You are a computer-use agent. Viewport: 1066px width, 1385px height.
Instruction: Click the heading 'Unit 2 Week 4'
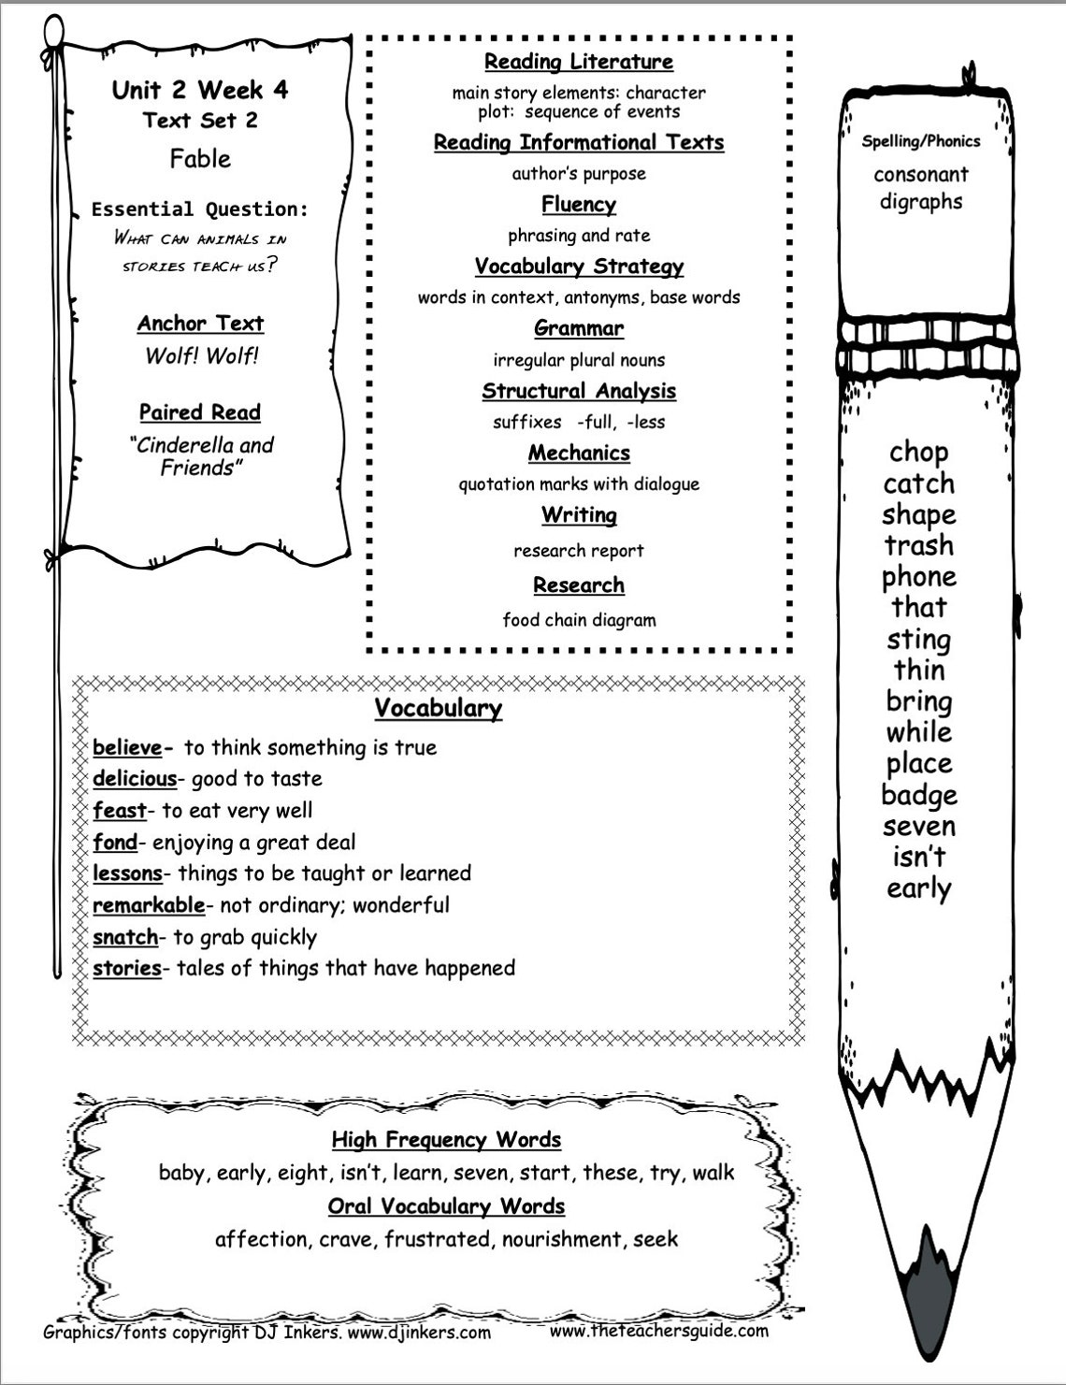(x=200, y=90)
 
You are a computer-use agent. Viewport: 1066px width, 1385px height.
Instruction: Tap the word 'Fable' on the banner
(x=200, y=159)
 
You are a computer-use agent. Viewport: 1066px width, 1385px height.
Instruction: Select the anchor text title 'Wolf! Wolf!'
(x=201, y=355)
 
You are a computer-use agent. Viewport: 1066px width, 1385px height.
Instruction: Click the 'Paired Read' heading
(x=200, y=412)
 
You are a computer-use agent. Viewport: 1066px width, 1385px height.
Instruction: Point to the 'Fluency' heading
(x=579, y=205)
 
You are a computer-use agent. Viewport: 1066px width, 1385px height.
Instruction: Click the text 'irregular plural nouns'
(x=579, y=360)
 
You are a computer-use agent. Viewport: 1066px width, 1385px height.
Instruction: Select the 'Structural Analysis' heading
(x=579, y=391)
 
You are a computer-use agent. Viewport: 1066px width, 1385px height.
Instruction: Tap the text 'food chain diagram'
(x=579, y=620)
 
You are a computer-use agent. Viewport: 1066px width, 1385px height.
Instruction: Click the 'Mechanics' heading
(x=579, y=454)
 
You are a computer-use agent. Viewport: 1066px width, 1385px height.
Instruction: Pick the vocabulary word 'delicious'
(x=135, y=779)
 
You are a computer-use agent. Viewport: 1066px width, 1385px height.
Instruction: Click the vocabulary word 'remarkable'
(x=149, y=905)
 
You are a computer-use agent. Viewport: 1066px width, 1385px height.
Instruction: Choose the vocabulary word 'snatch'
(x=125, y=937)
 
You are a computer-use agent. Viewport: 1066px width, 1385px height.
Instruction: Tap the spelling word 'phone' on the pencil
(x=919, y=577)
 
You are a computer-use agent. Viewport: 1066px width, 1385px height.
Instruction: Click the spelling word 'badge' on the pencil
(x=919, y=796)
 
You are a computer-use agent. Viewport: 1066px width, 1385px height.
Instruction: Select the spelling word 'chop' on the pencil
(x=919, y=453)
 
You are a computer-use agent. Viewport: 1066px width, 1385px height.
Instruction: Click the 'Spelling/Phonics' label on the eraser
(x=921, y=142)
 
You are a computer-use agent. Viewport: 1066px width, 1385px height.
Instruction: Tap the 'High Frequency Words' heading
(x=446, y=1140)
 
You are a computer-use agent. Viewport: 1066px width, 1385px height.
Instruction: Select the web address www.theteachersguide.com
(x=659, y=1331)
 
